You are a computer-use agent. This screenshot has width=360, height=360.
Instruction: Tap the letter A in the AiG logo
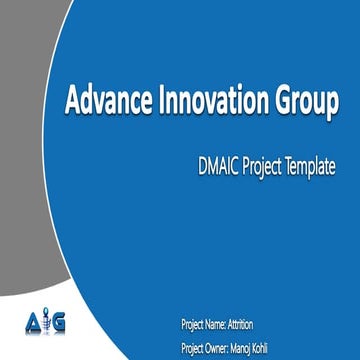pos(31,322)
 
